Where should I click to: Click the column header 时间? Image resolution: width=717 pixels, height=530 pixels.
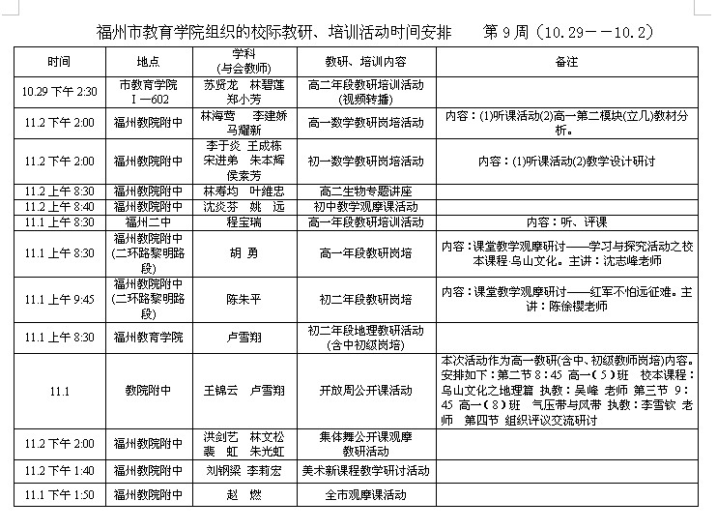click(x=59, y=62)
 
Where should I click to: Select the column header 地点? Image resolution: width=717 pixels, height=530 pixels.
click(x=148, y=62)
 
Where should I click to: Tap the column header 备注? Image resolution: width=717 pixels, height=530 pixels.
click(x=567, y=62)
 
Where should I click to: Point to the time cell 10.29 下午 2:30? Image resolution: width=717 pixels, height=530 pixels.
click(x=59, y=92)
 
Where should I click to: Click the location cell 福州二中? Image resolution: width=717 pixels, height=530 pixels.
click(x=148, y=221)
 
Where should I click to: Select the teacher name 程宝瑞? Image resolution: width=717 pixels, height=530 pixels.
click(x=244, y=221)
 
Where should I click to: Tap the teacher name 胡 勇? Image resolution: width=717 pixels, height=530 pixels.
click(x=244, y=254)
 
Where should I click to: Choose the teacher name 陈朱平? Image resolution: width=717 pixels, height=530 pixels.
click(x=244, y=299)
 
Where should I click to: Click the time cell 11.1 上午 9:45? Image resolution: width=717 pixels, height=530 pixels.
click(x=59, y=299)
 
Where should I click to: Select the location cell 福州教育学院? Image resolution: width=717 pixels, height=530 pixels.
click(x=148, y=337)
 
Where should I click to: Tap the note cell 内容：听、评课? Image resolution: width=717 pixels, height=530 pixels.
click(x=567, y=221)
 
